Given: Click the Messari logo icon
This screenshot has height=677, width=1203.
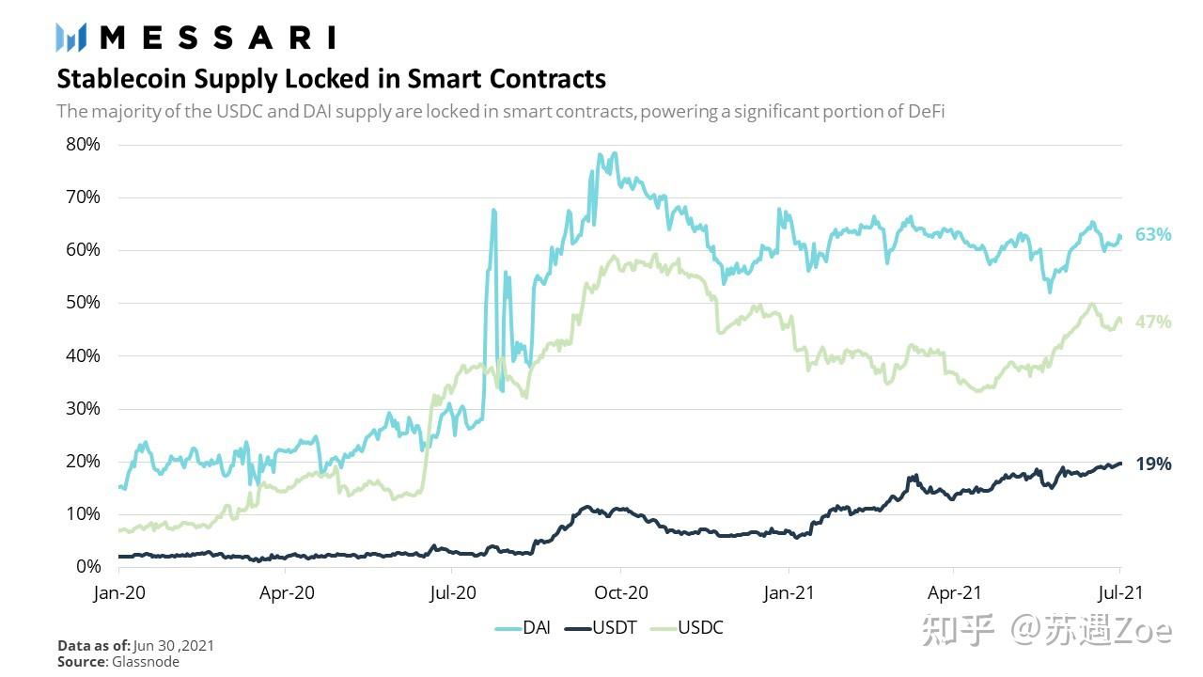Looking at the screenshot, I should click(71, 38).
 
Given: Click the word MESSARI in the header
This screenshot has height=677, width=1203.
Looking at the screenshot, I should click(217, 38).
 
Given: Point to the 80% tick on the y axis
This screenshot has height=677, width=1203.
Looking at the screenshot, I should click(83, 145).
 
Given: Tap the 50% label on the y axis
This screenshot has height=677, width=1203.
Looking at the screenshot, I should click(83, 303).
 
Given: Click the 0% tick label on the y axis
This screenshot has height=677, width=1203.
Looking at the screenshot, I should click(87, 567).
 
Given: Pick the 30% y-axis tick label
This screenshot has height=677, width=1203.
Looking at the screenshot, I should click(83, 409).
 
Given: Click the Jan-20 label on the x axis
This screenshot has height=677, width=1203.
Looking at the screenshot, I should click(118, 593).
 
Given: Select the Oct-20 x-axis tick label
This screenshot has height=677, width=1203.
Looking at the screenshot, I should click(620, 593).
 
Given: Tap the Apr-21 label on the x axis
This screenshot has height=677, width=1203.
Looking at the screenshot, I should click(954, 593).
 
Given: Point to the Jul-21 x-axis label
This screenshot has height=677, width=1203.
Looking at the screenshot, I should click(1119, 593).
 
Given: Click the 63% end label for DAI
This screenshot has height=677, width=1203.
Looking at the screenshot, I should click(1153, 235).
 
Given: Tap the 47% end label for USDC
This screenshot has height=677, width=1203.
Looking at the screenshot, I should click(1153, 322).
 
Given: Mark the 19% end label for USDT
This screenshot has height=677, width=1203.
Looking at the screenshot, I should click(1153, 464).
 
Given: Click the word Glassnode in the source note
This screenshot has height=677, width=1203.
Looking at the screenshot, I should click(147, 662).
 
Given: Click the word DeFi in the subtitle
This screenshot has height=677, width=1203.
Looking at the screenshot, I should click(926, 111).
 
